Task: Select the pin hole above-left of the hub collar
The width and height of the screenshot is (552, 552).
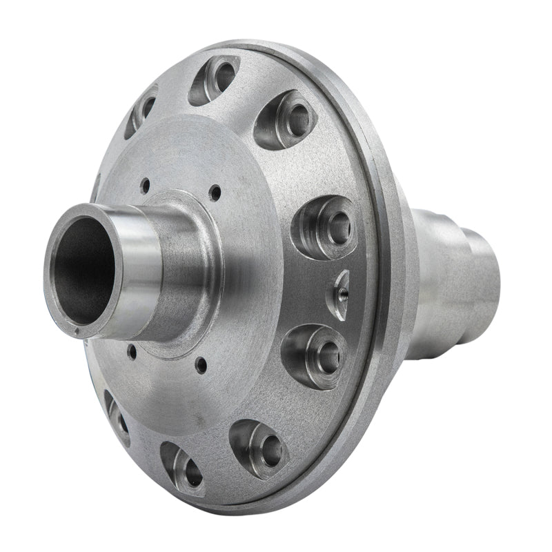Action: [145, 185]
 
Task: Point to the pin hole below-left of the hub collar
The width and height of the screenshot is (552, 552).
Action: [131, 352]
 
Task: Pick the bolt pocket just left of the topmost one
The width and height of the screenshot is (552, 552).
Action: [141, 110]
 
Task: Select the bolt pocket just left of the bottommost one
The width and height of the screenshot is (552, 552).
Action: [117, 416]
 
